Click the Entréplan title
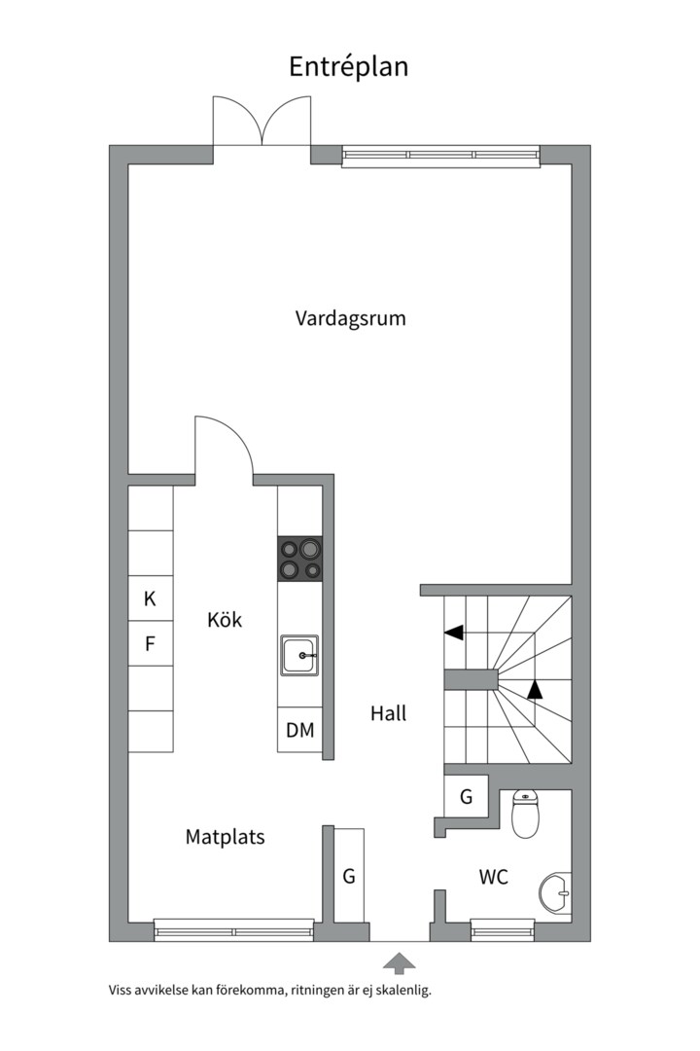coord(349,66)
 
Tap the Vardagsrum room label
coord(350,318)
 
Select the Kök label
coord(225,620)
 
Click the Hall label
coord(388,713)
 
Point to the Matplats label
coord(225,836)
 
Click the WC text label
coord(493,877)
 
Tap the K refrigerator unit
coord(151,598)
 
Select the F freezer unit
coord(151,643)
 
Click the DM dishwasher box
coord(300,730)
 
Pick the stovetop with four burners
coord(300,560)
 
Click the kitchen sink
coord(300,656)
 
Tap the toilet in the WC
coord(525,815)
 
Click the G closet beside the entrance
coord(349,875)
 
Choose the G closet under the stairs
coord(467,797)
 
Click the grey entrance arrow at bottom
coord(399,963)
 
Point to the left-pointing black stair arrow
coord(453,634)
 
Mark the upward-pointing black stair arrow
coord(534,690)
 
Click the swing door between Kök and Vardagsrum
coord(224,448)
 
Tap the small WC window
coord(503,931)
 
